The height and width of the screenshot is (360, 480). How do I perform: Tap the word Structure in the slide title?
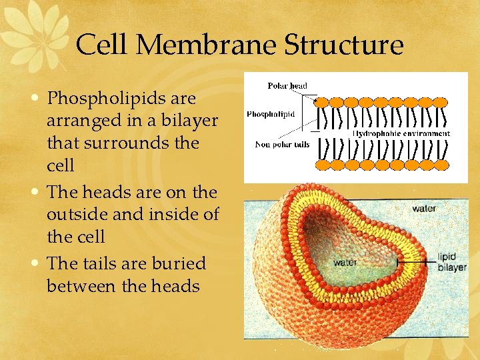tap(344, 45)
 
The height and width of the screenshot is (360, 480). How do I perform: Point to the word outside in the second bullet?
tap(79, 215)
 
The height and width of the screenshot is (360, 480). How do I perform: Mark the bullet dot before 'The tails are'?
tap(39, 263)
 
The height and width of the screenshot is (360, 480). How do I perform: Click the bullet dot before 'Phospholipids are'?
tap(39, 97)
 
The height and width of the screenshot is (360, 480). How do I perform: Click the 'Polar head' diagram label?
tap(287, 85)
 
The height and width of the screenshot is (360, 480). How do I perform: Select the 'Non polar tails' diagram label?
tap(282, 144)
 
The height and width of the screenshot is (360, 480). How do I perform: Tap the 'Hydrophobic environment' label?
tap(401, 133)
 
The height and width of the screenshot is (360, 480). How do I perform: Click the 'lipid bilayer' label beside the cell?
tap(452, 261)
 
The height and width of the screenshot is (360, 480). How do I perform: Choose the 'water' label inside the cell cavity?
tap(345, 262)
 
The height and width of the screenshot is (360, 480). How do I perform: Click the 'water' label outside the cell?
tap(425, 209)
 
